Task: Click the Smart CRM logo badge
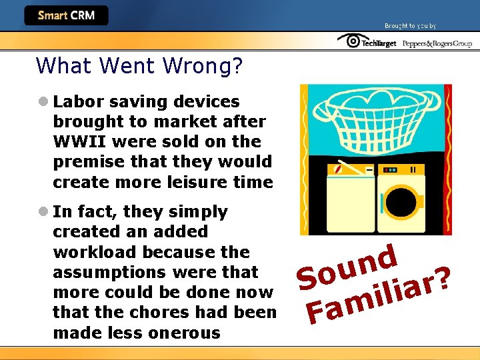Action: coord(66,15)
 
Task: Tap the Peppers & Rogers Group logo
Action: coord(437,43)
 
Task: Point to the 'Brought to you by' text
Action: coord(410,26)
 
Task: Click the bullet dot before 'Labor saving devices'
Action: coord(43,102)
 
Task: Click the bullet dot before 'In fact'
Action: coord(43,212)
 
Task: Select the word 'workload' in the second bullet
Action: coord(84,252)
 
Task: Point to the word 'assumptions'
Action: coord(109,272)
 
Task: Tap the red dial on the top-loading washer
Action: coord(339,171)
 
